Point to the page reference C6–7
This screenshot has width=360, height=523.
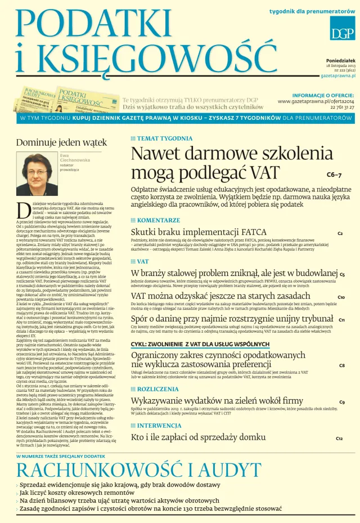pyautogui.click(x=334, y=175)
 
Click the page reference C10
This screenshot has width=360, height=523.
pyautogui.click(x=341, y=297)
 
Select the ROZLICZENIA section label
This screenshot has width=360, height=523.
pyautogui.click(x=158, y=389)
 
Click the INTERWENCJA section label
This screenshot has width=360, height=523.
pyautogui.click(x=159, y=426)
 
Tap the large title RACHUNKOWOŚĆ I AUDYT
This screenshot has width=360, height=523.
pyautogui.click(x=139, y=470)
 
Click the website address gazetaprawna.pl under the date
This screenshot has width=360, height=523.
pyautogui.click(x=337, y=75)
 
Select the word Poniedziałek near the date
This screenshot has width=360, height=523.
pyautogui.click(x=340, y=60)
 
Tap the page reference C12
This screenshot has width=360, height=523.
pyautogui.click(x=339, y=438)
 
